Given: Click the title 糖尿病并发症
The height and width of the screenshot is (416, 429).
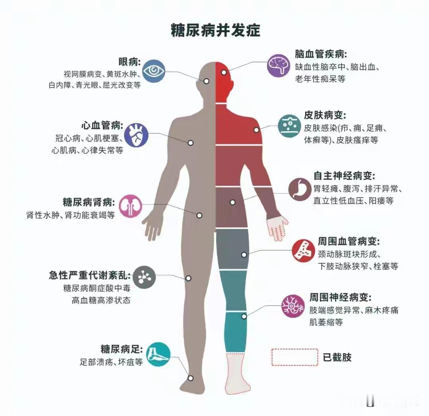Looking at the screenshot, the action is point(215,30).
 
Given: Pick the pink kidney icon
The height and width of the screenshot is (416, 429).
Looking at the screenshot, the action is point(130,206).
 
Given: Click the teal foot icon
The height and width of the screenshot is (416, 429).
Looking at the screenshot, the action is point(158,355).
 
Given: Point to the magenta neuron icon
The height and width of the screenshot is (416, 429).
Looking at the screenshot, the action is point(293,305).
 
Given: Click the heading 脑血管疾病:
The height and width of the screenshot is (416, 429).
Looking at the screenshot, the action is point(321,54).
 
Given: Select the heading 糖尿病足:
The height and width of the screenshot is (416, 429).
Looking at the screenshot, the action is point(122,350).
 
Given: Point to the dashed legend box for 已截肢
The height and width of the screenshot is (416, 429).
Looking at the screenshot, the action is point(295,357).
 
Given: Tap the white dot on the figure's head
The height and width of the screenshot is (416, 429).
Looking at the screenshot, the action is point(224,73).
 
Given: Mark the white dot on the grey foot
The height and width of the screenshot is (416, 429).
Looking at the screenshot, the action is point(191,378).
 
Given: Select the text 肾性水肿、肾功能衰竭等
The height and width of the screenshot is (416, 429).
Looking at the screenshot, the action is point(70,215).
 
